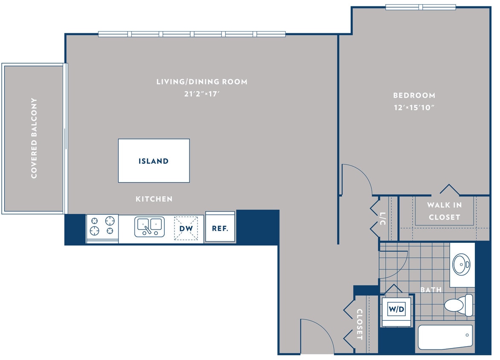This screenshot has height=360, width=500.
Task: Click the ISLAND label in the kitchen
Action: point(154,161)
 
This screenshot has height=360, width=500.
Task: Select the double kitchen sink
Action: point(149,226)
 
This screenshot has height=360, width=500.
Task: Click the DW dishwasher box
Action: point(186,228)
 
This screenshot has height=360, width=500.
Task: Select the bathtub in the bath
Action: point(445,337)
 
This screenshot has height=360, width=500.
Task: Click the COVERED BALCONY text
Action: point(34,138)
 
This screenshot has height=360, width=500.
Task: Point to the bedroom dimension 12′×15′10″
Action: point(414,107)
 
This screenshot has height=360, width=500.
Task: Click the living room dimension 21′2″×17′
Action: point(201,94)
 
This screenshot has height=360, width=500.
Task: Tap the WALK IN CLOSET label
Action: point(444,211)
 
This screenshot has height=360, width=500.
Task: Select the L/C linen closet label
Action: point(383,218)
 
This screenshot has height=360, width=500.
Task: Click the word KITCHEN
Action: point(154,199)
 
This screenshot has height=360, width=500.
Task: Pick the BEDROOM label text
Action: point(414,96)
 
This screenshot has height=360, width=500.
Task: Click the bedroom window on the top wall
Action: point(421,7)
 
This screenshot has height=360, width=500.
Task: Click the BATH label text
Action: point(431,290)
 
